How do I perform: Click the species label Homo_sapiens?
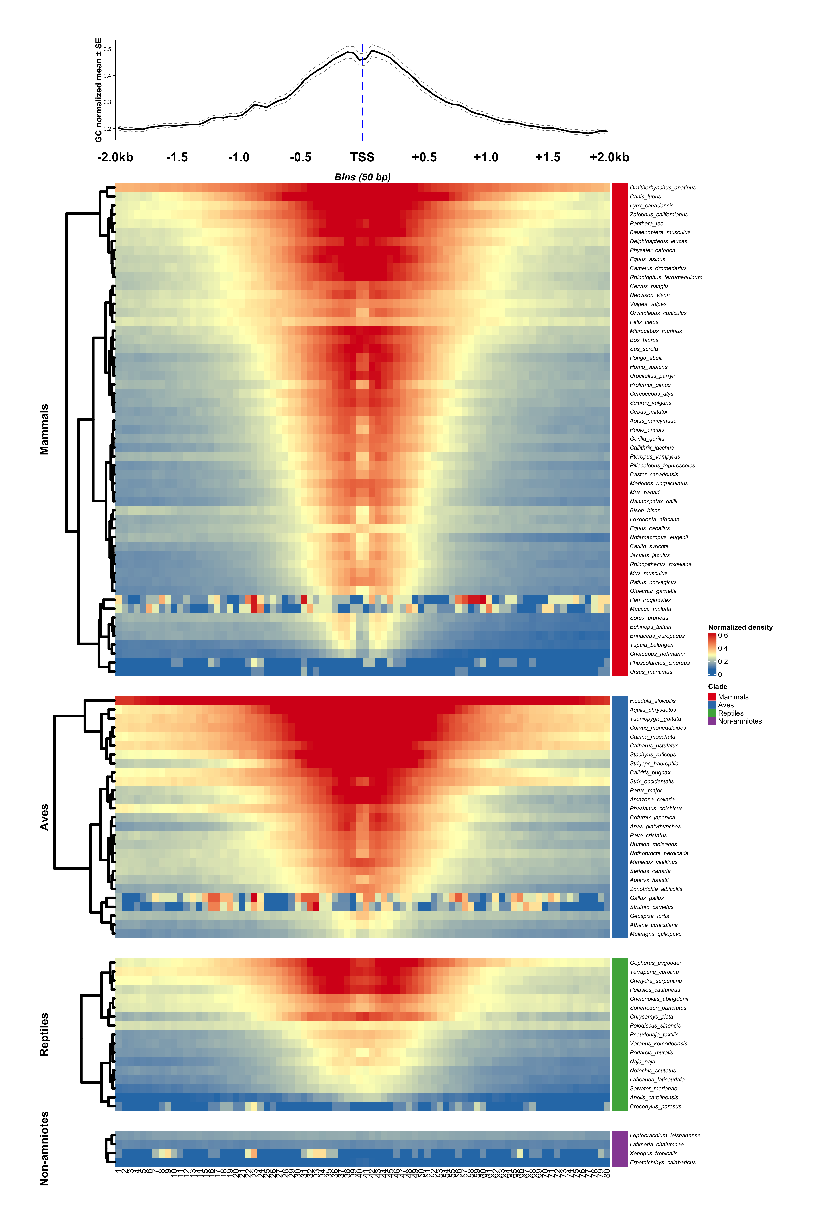(648, 367)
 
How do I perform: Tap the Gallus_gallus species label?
(647, 898)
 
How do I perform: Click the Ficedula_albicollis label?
(652, 701)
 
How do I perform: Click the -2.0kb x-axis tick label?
(115, 157)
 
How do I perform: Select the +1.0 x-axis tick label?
(486, 157)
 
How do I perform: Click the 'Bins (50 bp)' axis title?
(362, 177)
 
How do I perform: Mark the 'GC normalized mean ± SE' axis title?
(99, 90)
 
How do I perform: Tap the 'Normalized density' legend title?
(740, 627)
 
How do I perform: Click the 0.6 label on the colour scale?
(723, 635)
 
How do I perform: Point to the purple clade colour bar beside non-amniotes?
(620, 1148)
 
